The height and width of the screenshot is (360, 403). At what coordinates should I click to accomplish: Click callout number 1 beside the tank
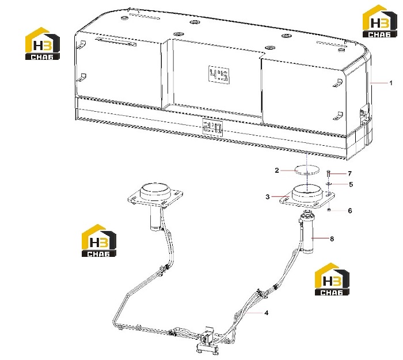pyautogui.click(x=391, y=83)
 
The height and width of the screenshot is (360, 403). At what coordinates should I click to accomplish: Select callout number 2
pyautogui.click(x=277, y=170)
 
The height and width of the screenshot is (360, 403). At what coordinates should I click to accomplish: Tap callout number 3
pyautogui.click(x=268, y=197)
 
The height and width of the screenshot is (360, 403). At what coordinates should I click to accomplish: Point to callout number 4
pyautogui.click(x=266, y=313)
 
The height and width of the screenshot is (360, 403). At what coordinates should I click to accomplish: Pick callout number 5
pyautogui.click(x=351, y=184)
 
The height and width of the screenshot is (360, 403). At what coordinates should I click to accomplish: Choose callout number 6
pyautogui.click(x=350, y=211)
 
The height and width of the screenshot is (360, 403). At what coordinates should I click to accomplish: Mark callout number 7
pyautogui.click(x=349, y=174)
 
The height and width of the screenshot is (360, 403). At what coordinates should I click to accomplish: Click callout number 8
pyautogui.click(x=332, y=239)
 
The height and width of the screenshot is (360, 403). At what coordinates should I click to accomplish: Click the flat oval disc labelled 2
pyautogui.click(x=307, y=170)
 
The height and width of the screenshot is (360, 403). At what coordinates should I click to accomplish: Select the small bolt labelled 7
pyautogui.click(x=329, y=174)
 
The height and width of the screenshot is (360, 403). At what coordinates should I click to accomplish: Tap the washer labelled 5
pyautogui.click(x=329, y=184)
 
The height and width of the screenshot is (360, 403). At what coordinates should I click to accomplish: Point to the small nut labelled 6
pyautogui.click(x=329, y=210)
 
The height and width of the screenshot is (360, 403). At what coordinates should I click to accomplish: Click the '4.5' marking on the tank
pyautogui.click(x=219, y=75)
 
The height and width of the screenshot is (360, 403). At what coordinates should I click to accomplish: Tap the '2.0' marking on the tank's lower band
pyautogui.click(x=212, y=128)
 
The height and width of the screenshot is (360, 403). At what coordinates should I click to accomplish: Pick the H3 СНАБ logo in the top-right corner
pyautogui.click(x=379, y=21)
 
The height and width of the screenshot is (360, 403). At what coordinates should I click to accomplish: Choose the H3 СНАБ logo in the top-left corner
pyautogui.click(x=42, y=44)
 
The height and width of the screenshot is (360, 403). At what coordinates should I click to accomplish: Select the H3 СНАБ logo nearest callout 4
pyautogui.click(x=332, y=279)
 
